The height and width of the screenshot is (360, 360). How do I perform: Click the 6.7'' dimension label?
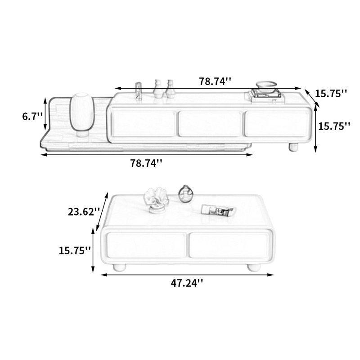pyautogui.click(x=32, y=117)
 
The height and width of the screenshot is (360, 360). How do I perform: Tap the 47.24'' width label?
pyautogui.click(x=187, y=283)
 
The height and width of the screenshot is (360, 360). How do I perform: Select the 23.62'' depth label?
pyautogui.click(x=84, y=211)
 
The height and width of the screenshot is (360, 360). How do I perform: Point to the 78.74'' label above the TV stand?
pyautogui.click(x=215, y=81)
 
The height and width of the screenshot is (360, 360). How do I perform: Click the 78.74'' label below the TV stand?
pyautogui.click(x=147, y=163)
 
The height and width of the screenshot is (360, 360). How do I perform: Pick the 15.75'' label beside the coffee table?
pyautogui.click(x=75, y=250)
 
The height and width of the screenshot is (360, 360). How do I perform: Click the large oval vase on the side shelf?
pyautogui.click(x=82, y=114)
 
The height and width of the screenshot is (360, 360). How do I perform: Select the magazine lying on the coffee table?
pyautogui.click(x=217, y=210)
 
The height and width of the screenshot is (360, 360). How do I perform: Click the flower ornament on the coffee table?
pyautogui.click(x=156, y=200)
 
